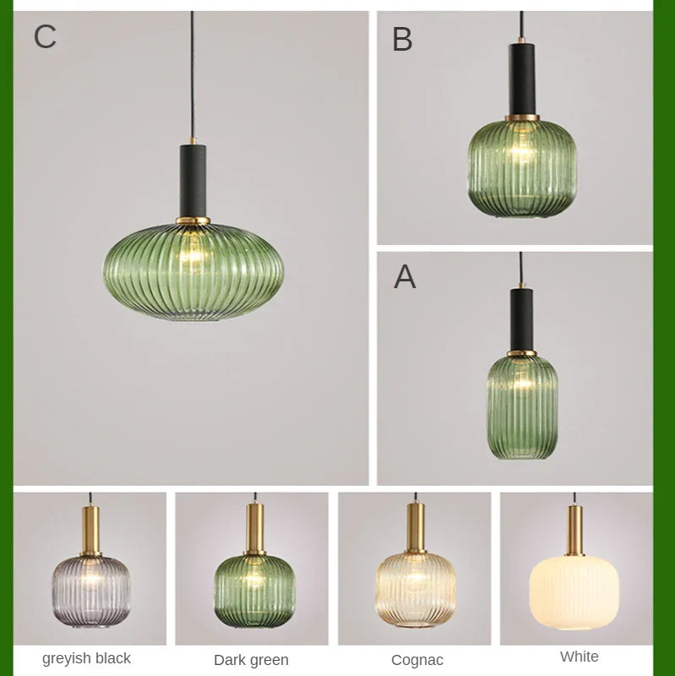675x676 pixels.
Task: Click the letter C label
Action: tap(45, 37)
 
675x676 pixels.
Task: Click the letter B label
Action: tap(402, 40)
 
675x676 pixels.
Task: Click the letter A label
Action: tap(405, 277)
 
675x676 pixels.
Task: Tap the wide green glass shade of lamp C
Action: tap(193, 270)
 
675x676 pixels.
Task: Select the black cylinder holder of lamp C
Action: tap(193, 181)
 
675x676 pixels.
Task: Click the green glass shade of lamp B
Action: tap(522, 166)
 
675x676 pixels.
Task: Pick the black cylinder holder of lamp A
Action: tap(521, 319)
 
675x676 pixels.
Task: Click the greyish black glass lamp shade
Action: tap(90, 590)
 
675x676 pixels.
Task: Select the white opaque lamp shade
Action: tap(574, 591)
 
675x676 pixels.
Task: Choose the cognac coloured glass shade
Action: tap(416, 589)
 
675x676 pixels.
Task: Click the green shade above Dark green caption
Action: tap(253, 589)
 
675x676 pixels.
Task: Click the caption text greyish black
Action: tap(86, 658)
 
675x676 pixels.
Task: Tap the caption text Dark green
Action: tap(251, 660)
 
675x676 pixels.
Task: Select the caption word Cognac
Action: tap(417, 660)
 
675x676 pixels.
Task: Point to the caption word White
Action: tap(579, 657)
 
